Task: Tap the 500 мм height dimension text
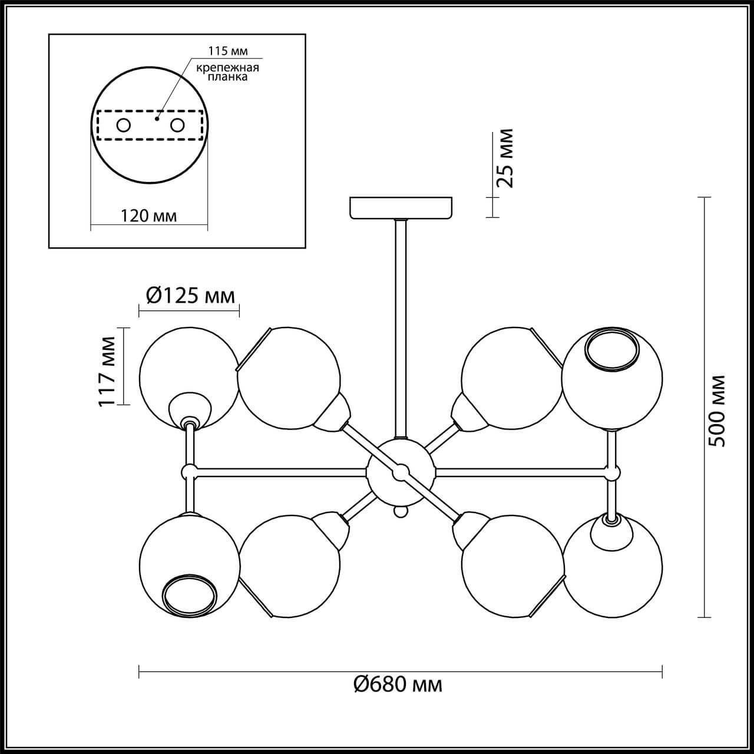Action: (x=717, y=411)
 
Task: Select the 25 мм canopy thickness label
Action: (x=504, y=158)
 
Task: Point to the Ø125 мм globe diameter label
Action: (x=190, y=296)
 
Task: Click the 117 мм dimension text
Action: (x=107, y=372)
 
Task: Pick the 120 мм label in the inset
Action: (x=148, y=216)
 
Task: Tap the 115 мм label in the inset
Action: (x=228, y=51)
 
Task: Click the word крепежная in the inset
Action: (x=227, y=68)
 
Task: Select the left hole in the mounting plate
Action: (x=124, y=125)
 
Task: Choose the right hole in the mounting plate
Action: (x=177, y=125)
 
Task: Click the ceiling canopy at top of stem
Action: (x=401, y=207)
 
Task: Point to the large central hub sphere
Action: (x=401, y=472)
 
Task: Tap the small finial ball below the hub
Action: (x=401, y=512)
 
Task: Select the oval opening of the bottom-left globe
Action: (x=190, y=597)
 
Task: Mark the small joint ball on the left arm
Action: (x=190, y=471)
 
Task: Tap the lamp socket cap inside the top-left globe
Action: (x=190, y=411)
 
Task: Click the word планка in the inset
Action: (x=227, y=77)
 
